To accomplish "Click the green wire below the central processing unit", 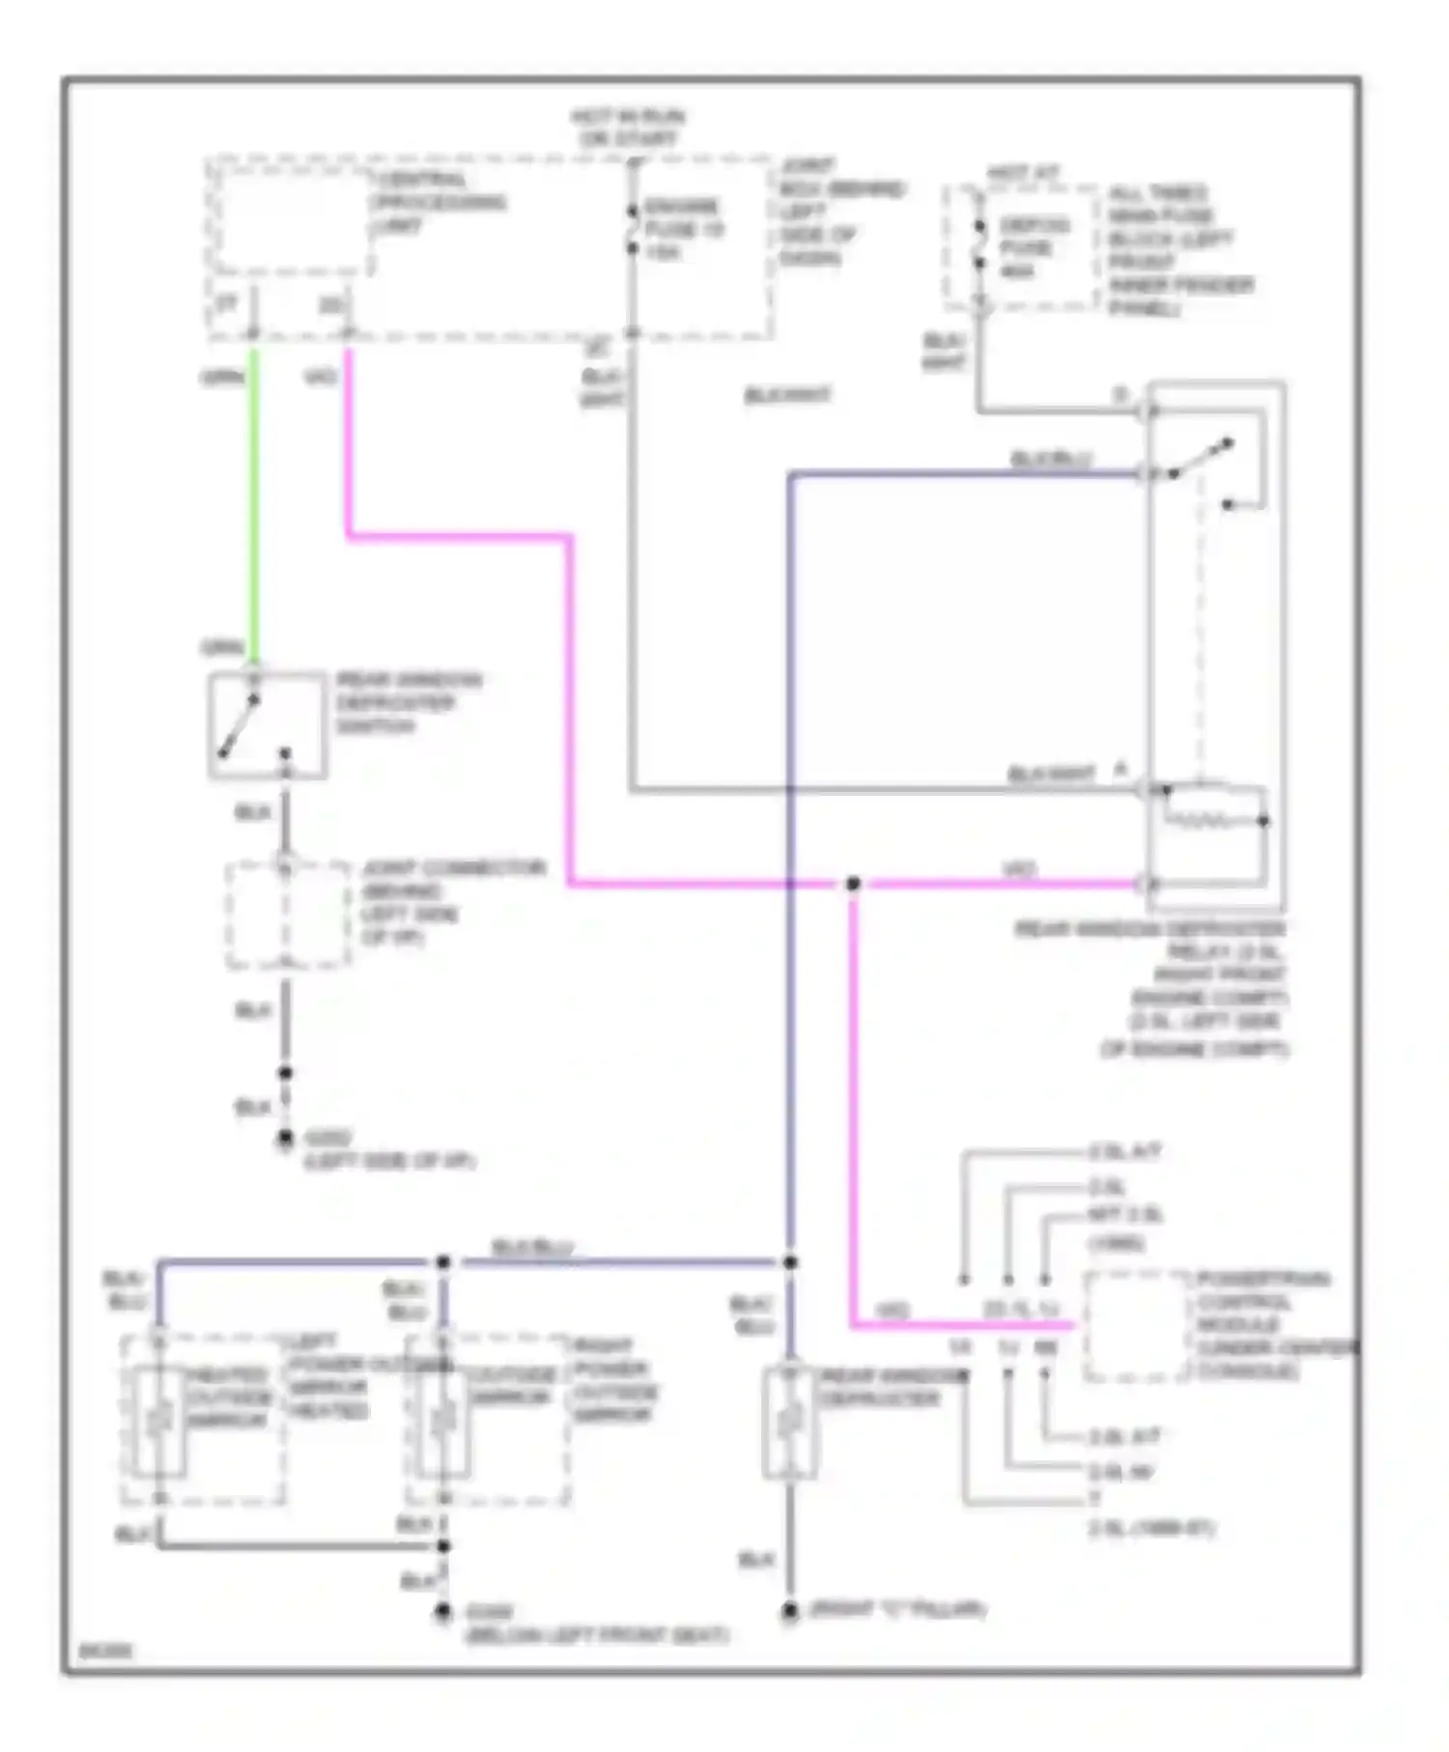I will (254, 502).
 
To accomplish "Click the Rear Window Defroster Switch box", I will (267, 724).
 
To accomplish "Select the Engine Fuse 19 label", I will (683, 229).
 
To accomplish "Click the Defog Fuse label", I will (1033, 248).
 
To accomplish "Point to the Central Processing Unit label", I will (437, 203).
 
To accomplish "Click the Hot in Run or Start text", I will (628, 127).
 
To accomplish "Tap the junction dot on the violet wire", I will (852, 884).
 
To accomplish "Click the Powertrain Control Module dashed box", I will (1136, 1325).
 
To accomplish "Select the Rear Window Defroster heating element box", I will (789, 1422).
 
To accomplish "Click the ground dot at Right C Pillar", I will (789, 1611).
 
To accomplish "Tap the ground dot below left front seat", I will (443, 1611).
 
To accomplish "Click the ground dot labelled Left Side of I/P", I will (285, 1140).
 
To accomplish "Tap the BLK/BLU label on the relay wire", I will (1050, 460).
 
